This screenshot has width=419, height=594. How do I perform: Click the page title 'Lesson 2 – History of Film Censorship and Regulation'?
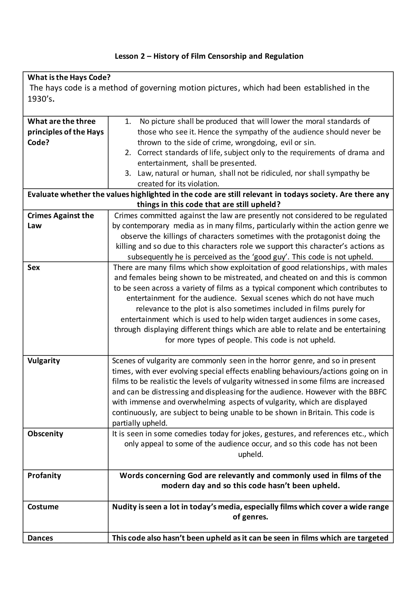click(x=209, y=56)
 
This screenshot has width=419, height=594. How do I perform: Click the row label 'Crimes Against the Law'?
click(x=61, y=220)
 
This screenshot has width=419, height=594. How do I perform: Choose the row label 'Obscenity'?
click(x=45, y=434)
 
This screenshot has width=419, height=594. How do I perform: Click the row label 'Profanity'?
click(x=44, y=476)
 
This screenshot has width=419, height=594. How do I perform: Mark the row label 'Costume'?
click(x=43, y=507)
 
